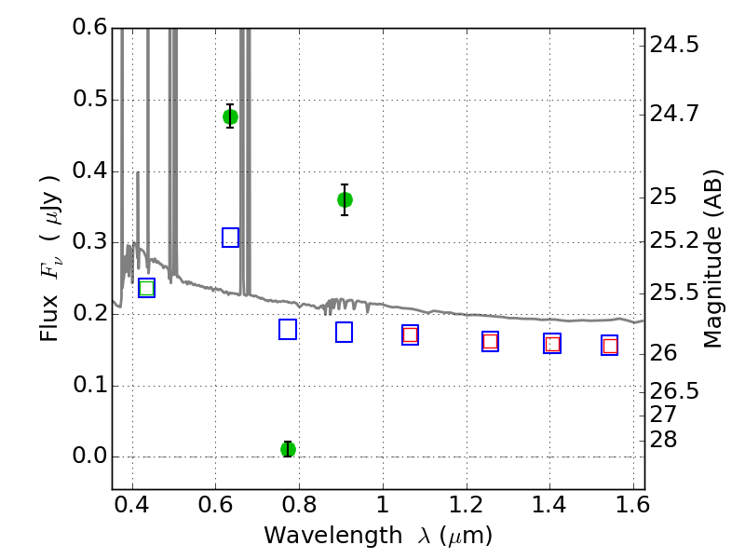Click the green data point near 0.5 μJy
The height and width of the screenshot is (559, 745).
[x=230, y=117]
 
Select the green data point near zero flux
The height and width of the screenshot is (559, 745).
[x=288, y=449]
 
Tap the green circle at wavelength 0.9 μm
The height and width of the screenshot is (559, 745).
[x=345, y=199]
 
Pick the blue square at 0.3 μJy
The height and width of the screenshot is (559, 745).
[x=230, y=238]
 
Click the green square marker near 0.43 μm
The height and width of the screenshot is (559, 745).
[x=147, y=288]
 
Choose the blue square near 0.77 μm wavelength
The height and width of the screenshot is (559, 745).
[x=288, y=330]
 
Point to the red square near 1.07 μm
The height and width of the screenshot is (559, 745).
[x=410, y=334]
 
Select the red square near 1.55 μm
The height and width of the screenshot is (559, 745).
[x=610, y=346]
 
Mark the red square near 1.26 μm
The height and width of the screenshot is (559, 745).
[x=491, y=341]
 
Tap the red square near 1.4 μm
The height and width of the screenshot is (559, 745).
[x=552, y=344]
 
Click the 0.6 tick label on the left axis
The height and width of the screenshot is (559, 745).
[x=90, y=27]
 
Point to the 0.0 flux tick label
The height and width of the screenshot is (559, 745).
[x=90, y=456]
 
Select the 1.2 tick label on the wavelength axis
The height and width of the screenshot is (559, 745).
[x=467, y=505]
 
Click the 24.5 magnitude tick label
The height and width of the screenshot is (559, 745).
[x=674, y=45]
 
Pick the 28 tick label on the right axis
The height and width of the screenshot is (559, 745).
[x=663, y=440]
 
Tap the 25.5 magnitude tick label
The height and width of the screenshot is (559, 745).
[x=674, y=293]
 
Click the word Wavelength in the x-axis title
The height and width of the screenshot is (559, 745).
[x=333, y=536]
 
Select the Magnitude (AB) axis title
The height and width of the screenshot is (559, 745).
[x=712, y=259]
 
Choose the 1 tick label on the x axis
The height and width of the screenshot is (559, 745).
[x=383, y=505]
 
